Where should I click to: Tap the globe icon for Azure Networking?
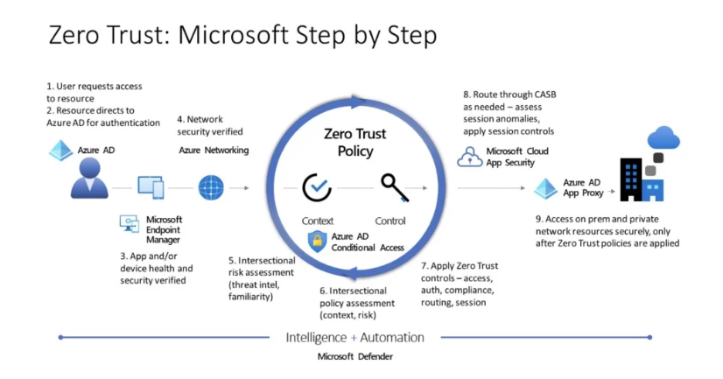(212, 187)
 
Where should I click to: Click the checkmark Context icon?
(316, 187)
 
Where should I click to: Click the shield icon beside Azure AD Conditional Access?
(317, 242)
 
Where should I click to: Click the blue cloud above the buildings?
(665, 139)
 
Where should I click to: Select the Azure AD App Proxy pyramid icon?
(545, 187)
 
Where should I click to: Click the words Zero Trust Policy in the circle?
(354, 143)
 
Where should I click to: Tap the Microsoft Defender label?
(354, 357)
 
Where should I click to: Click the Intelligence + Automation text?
(354, 337)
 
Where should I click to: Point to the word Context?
(317, 221)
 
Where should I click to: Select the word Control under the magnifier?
(390, 221)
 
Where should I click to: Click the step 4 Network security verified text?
(209, 125)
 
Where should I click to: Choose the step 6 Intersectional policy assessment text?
(357, 303)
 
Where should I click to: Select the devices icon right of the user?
(150, 186)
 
